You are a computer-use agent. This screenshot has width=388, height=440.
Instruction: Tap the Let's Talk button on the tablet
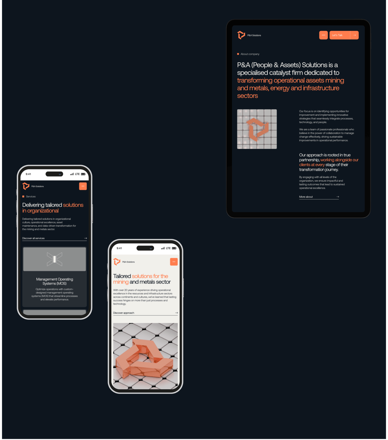point(344,35)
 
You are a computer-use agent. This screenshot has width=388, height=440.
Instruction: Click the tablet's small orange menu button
point(323,35)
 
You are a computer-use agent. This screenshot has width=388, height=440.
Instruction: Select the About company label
point(250,54)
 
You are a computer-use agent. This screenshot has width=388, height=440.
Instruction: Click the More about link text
point(306,197)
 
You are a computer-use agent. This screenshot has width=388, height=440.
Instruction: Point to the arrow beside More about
point(338,197)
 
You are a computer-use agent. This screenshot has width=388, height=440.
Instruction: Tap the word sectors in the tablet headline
point(248,96)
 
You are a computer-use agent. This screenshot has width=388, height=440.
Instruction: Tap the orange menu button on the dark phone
point(83,186)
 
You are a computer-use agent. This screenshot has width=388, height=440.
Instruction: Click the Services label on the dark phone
point(31,197)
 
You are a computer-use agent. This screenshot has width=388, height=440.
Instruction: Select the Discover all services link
point(33,238)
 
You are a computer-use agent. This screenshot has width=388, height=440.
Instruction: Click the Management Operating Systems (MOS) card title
point(54,281)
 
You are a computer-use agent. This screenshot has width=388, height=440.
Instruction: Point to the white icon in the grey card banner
point(54,259)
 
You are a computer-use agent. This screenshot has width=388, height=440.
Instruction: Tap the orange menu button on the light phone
point(174,262)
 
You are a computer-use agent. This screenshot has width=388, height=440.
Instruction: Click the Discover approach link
point(124,313)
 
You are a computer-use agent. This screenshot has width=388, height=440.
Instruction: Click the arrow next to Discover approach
point(176,313)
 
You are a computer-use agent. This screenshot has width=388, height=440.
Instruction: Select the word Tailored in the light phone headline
point(122,276)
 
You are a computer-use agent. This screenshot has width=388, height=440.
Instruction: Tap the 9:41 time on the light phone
point(119,248)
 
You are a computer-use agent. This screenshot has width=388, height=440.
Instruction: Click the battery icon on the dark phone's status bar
point(83,174)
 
